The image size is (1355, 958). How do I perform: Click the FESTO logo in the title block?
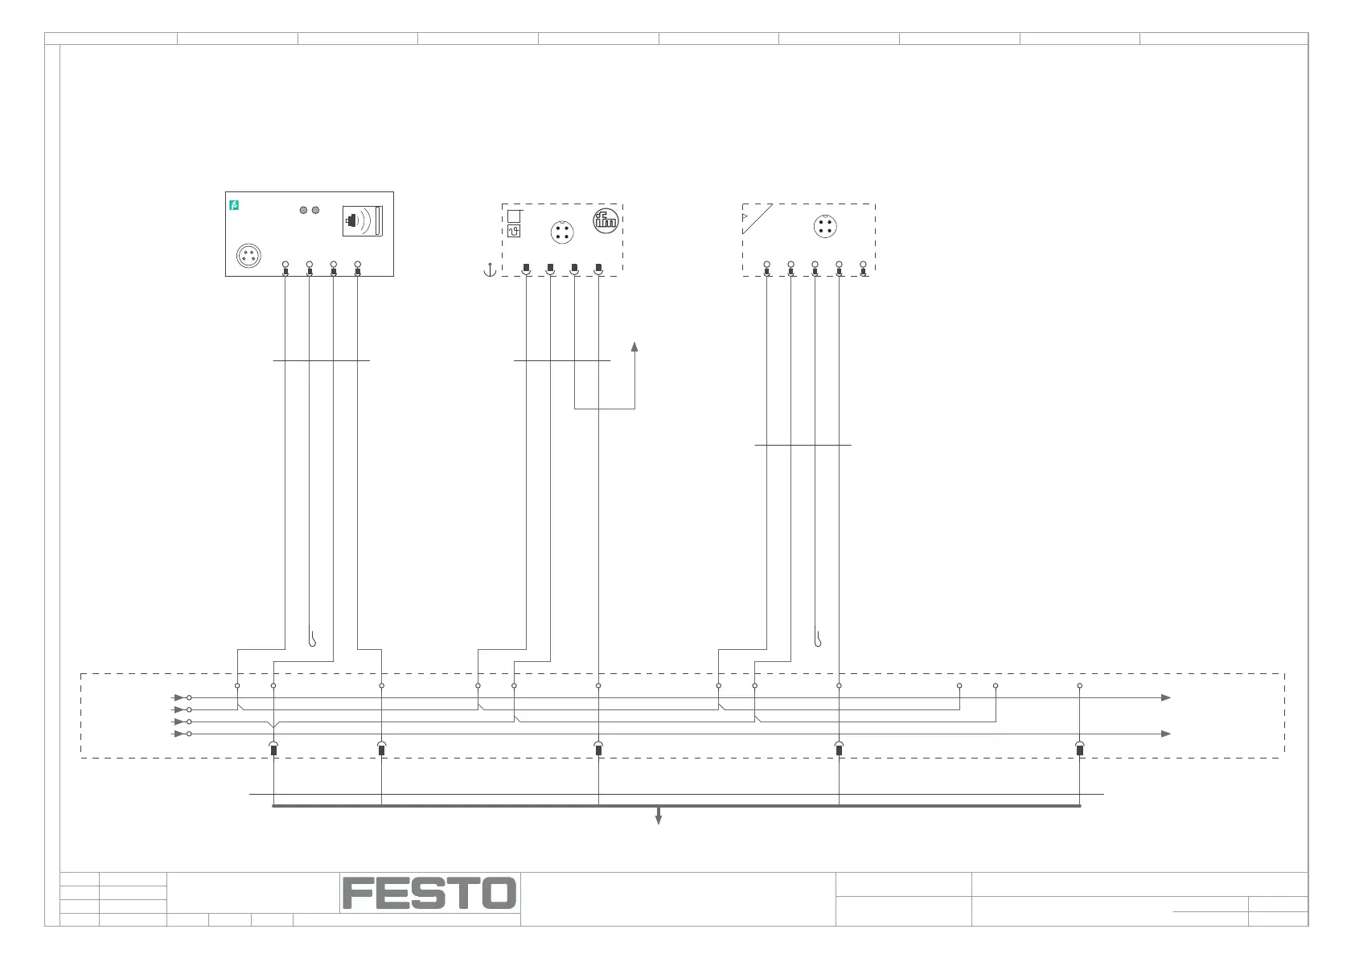point(429,893)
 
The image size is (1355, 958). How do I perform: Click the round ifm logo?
point(606,220)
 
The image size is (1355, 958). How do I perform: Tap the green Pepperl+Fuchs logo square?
point(234,205)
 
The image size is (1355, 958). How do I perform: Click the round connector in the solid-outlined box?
point(248,257)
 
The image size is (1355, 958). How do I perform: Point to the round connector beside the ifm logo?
point(562,233)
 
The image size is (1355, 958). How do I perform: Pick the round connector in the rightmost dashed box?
point(824,226)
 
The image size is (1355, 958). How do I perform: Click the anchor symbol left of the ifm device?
point(489,269)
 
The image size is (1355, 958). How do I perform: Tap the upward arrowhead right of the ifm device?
point(634,347)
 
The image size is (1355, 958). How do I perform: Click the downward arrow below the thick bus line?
point(659,818)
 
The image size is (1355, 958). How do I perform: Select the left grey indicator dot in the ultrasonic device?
point(303,210)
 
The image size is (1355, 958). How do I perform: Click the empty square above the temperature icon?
point(514,216)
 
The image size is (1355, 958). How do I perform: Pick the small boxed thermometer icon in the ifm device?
point(514,232)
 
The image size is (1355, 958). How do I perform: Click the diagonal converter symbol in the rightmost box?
point(757,219)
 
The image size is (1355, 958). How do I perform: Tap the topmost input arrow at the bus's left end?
point(179,697)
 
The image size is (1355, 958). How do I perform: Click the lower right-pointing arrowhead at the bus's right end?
point(1166,734)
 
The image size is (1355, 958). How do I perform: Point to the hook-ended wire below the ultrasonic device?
point(312,640)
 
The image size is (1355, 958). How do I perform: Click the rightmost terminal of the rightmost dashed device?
point(863,268)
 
